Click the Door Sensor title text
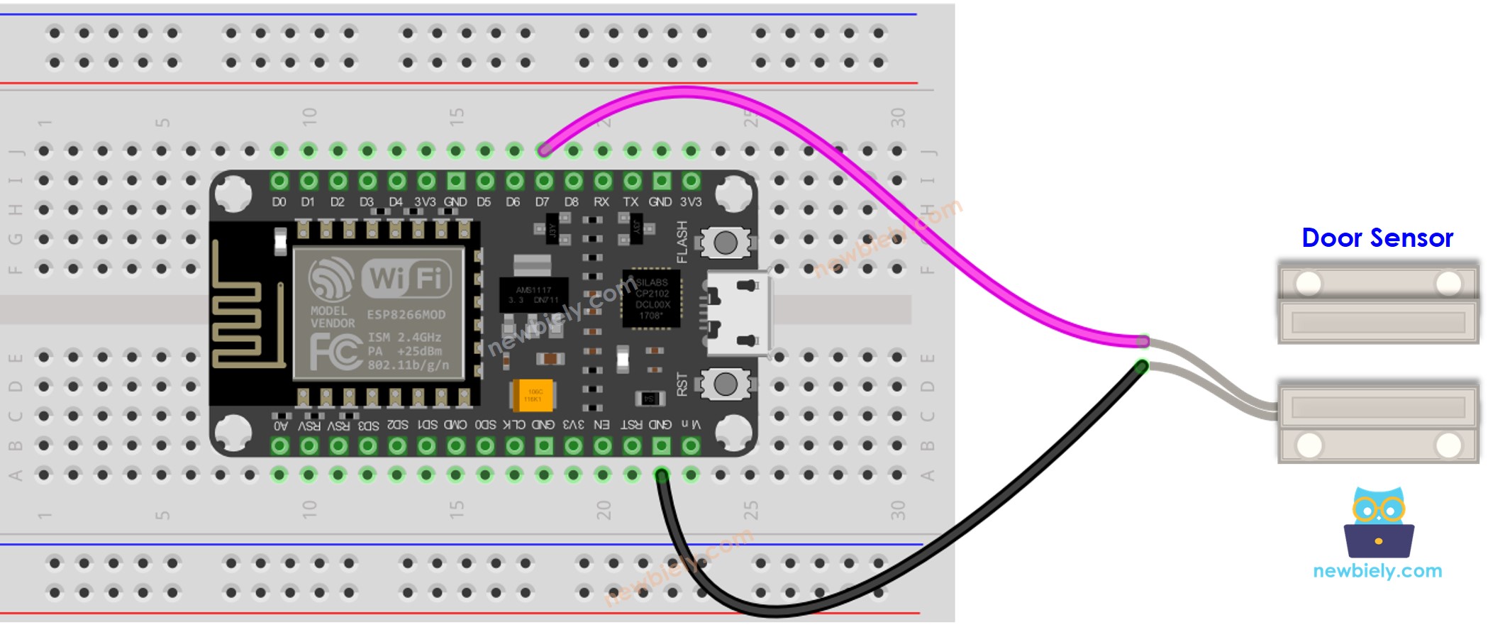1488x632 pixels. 1377,238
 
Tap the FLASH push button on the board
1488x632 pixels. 725,243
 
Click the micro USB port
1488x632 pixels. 738,312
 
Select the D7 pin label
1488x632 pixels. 543,202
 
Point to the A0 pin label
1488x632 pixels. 281,426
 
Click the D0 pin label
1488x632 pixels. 279,202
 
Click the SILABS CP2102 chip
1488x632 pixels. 651,298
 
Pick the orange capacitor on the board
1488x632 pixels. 533,395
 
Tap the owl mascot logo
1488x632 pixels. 1378,523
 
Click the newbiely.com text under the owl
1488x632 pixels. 1377,571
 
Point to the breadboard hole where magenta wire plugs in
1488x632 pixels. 544,150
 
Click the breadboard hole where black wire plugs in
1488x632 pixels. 661,475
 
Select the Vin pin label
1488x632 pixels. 691,424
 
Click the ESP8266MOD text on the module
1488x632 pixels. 406,315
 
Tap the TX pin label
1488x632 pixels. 631,202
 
